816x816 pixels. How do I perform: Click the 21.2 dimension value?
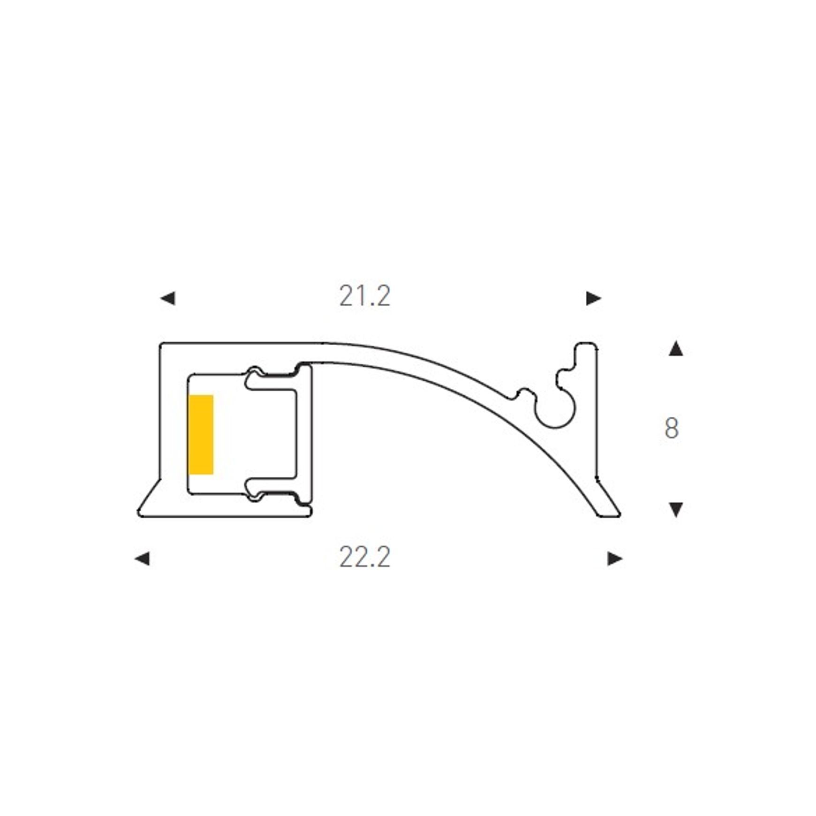tap(364, 296)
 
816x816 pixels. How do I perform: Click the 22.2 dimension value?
tap(364, 557)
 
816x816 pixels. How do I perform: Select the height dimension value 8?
tap(672, 428)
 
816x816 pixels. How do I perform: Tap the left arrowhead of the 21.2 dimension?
tap(168, 298)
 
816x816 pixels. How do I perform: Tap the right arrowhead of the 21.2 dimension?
tap(594, 298)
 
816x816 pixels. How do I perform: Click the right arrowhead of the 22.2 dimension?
tap(615, 559)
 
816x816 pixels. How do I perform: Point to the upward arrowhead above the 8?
tap(675, 349)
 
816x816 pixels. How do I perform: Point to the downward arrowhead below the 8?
tap(675, 510)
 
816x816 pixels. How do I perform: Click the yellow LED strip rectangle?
tap(201, 434)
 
